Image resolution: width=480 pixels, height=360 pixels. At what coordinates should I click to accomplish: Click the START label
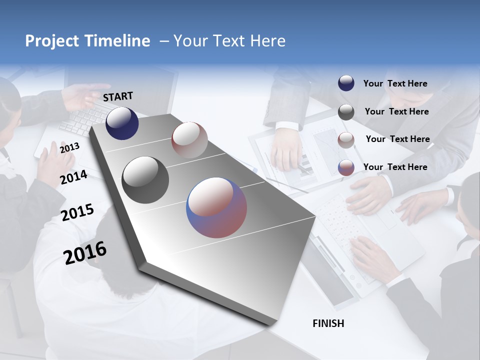pyautogui.click(x=118, y=96)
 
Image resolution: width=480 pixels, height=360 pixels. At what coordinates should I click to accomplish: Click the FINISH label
pyautogui.click(x=328, y=323)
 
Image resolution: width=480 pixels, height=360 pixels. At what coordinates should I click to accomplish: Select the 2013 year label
pyautogui.click(x=69, y=148)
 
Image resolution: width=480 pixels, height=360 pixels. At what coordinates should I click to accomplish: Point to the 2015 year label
pyautogui.click(x=77, y=212)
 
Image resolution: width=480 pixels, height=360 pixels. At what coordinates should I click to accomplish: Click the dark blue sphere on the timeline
pyautogui.click(x=122, y=123)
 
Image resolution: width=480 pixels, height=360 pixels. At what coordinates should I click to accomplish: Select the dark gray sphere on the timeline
pyautogui.click(x=145, y=180)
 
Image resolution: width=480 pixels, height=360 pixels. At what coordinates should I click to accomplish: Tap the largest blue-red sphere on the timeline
pyautogui.click(x=216, y=207)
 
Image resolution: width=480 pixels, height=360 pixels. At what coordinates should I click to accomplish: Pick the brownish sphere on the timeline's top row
pyautogui.click(x=189, y=140)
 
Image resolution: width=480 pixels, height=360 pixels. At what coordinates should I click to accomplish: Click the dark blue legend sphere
pyautogui.click(x=346, y=83)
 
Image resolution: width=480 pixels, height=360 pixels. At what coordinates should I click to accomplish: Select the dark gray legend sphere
pyautogui.click(x=346, y=112)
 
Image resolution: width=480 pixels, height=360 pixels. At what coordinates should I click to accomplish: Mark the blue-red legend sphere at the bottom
pyautogui.click(x=346, y=167)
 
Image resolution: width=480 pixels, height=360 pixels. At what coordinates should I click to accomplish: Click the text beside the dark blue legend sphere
pyautogui.click(x=395, y=83)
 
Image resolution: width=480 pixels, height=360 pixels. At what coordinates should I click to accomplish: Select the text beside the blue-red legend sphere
pyautogui.click(x=395, y=167)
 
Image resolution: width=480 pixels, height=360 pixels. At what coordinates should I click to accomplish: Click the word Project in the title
pyautogui.click(x=52, y=41)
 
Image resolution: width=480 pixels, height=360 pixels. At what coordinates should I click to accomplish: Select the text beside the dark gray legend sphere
pyautogui.click(x=396, y=111)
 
